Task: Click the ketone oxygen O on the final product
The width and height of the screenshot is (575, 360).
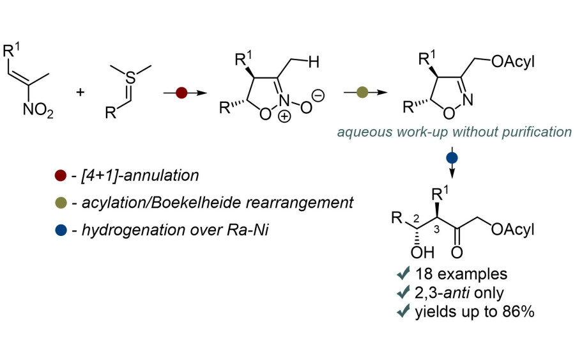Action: pos(457,252)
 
